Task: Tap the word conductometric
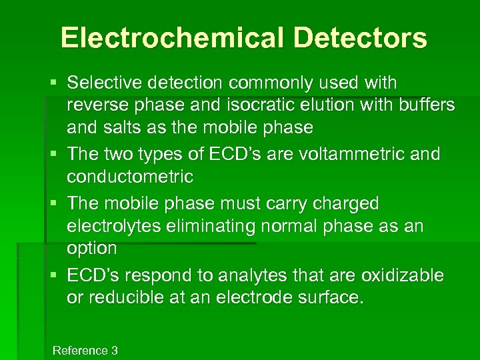(x=130, y=177)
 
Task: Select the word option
(x=92, y=249)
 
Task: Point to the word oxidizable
(x=402, y=275)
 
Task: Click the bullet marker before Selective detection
(x=53, y=83)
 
